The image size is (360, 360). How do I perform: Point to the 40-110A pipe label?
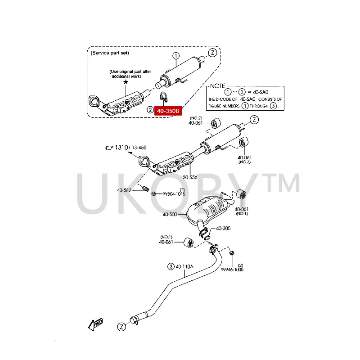[x=184, y=266]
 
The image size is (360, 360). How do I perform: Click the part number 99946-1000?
[x=232, y=270]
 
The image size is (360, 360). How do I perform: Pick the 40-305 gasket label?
[x=223, y=229]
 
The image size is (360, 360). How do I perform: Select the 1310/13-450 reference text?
[x=130, y=148]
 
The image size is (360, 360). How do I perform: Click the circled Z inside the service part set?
[x=213, y=53]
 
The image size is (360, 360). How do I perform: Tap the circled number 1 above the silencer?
[x=175, y=56]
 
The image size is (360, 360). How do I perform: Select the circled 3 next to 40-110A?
[x=171, y=266]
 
